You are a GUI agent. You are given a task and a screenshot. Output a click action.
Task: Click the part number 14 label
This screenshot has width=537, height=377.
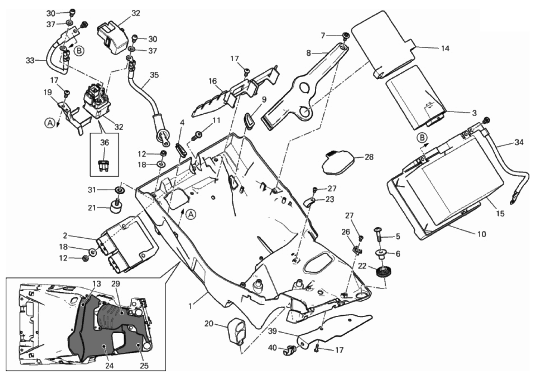445,48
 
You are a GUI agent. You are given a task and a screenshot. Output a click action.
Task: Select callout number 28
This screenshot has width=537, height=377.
369,157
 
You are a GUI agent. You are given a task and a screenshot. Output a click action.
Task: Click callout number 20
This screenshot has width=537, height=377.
209,324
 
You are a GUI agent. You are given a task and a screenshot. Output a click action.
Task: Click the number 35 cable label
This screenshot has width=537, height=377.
154,75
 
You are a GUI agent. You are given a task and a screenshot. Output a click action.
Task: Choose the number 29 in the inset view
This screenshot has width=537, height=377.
115,284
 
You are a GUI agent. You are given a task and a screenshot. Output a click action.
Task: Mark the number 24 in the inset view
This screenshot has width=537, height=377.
109,366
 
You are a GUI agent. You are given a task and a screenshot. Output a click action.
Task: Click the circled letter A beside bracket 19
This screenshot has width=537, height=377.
50,122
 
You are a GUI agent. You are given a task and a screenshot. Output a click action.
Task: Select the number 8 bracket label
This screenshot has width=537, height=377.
308,53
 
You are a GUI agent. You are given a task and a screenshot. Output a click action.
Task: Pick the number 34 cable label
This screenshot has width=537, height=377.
519,142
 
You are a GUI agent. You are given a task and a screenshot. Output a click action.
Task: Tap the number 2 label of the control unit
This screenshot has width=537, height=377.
65,236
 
